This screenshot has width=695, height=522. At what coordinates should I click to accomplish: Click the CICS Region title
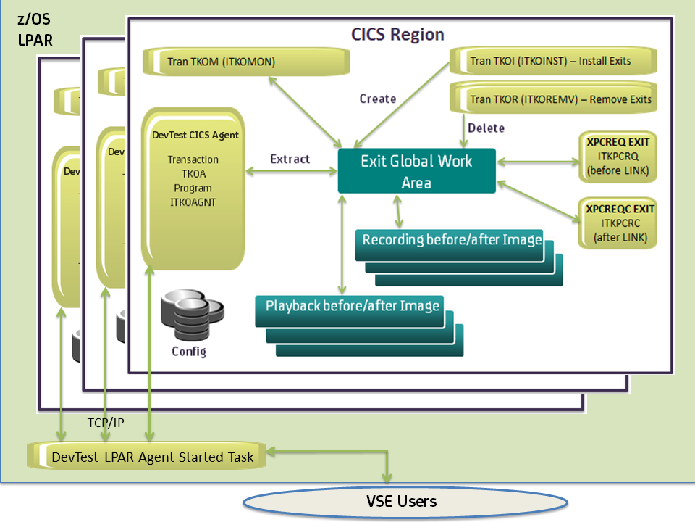coord(397,34)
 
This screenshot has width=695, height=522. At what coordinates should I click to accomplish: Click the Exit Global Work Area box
coord(416,171)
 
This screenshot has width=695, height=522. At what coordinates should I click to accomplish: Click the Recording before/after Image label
coord(452,240)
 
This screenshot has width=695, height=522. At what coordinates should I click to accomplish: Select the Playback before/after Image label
coord(352,306)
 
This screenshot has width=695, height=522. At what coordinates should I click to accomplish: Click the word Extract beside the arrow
coord(290,159)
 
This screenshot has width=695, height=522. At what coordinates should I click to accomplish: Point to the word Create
coord(378,99)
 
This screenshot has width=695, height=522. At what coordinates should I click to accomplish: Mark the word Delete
coord(486,128)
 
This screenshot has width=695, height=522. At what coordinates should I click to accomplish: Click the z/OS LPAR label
coord(35,30)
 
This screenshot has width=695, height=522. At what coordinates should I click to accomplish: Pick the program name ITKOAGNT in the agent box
coord(191,202)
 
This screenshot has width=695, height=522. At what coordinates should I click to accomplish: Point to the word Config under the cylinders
coord(188,352)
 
